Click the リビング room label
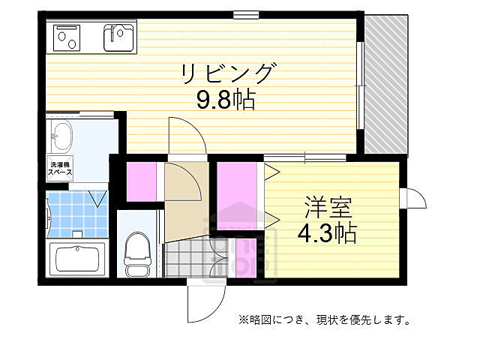(227, 73)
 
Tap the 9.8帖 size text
(226, 100)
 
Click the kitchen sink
(119, 36)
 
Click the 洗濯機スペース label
(60, 168)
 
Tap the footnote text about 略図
(324, 320)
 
